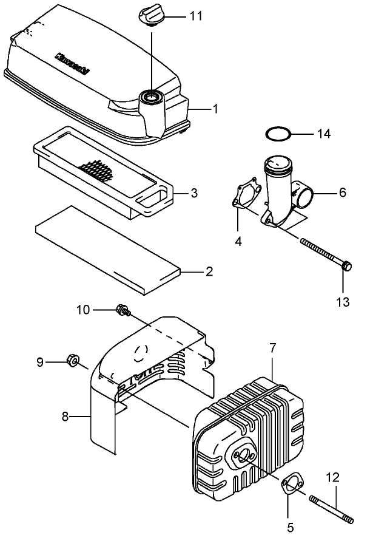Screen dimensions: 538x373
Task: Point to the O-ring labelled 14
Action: coord(277,132)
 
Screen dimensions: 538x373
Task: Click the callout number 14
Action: coord(324,134)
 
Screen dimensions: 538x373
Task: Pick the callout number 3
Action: coord(193,194)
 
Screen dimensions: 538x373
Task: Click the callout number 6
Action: coord(343,192)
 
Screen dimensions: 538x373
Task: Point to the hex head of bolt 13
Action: coord(346,267)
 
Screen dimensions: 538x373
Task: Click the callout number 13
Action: coord(343,301)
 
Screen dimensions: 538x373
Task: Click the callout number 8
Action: coord(65,417)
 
